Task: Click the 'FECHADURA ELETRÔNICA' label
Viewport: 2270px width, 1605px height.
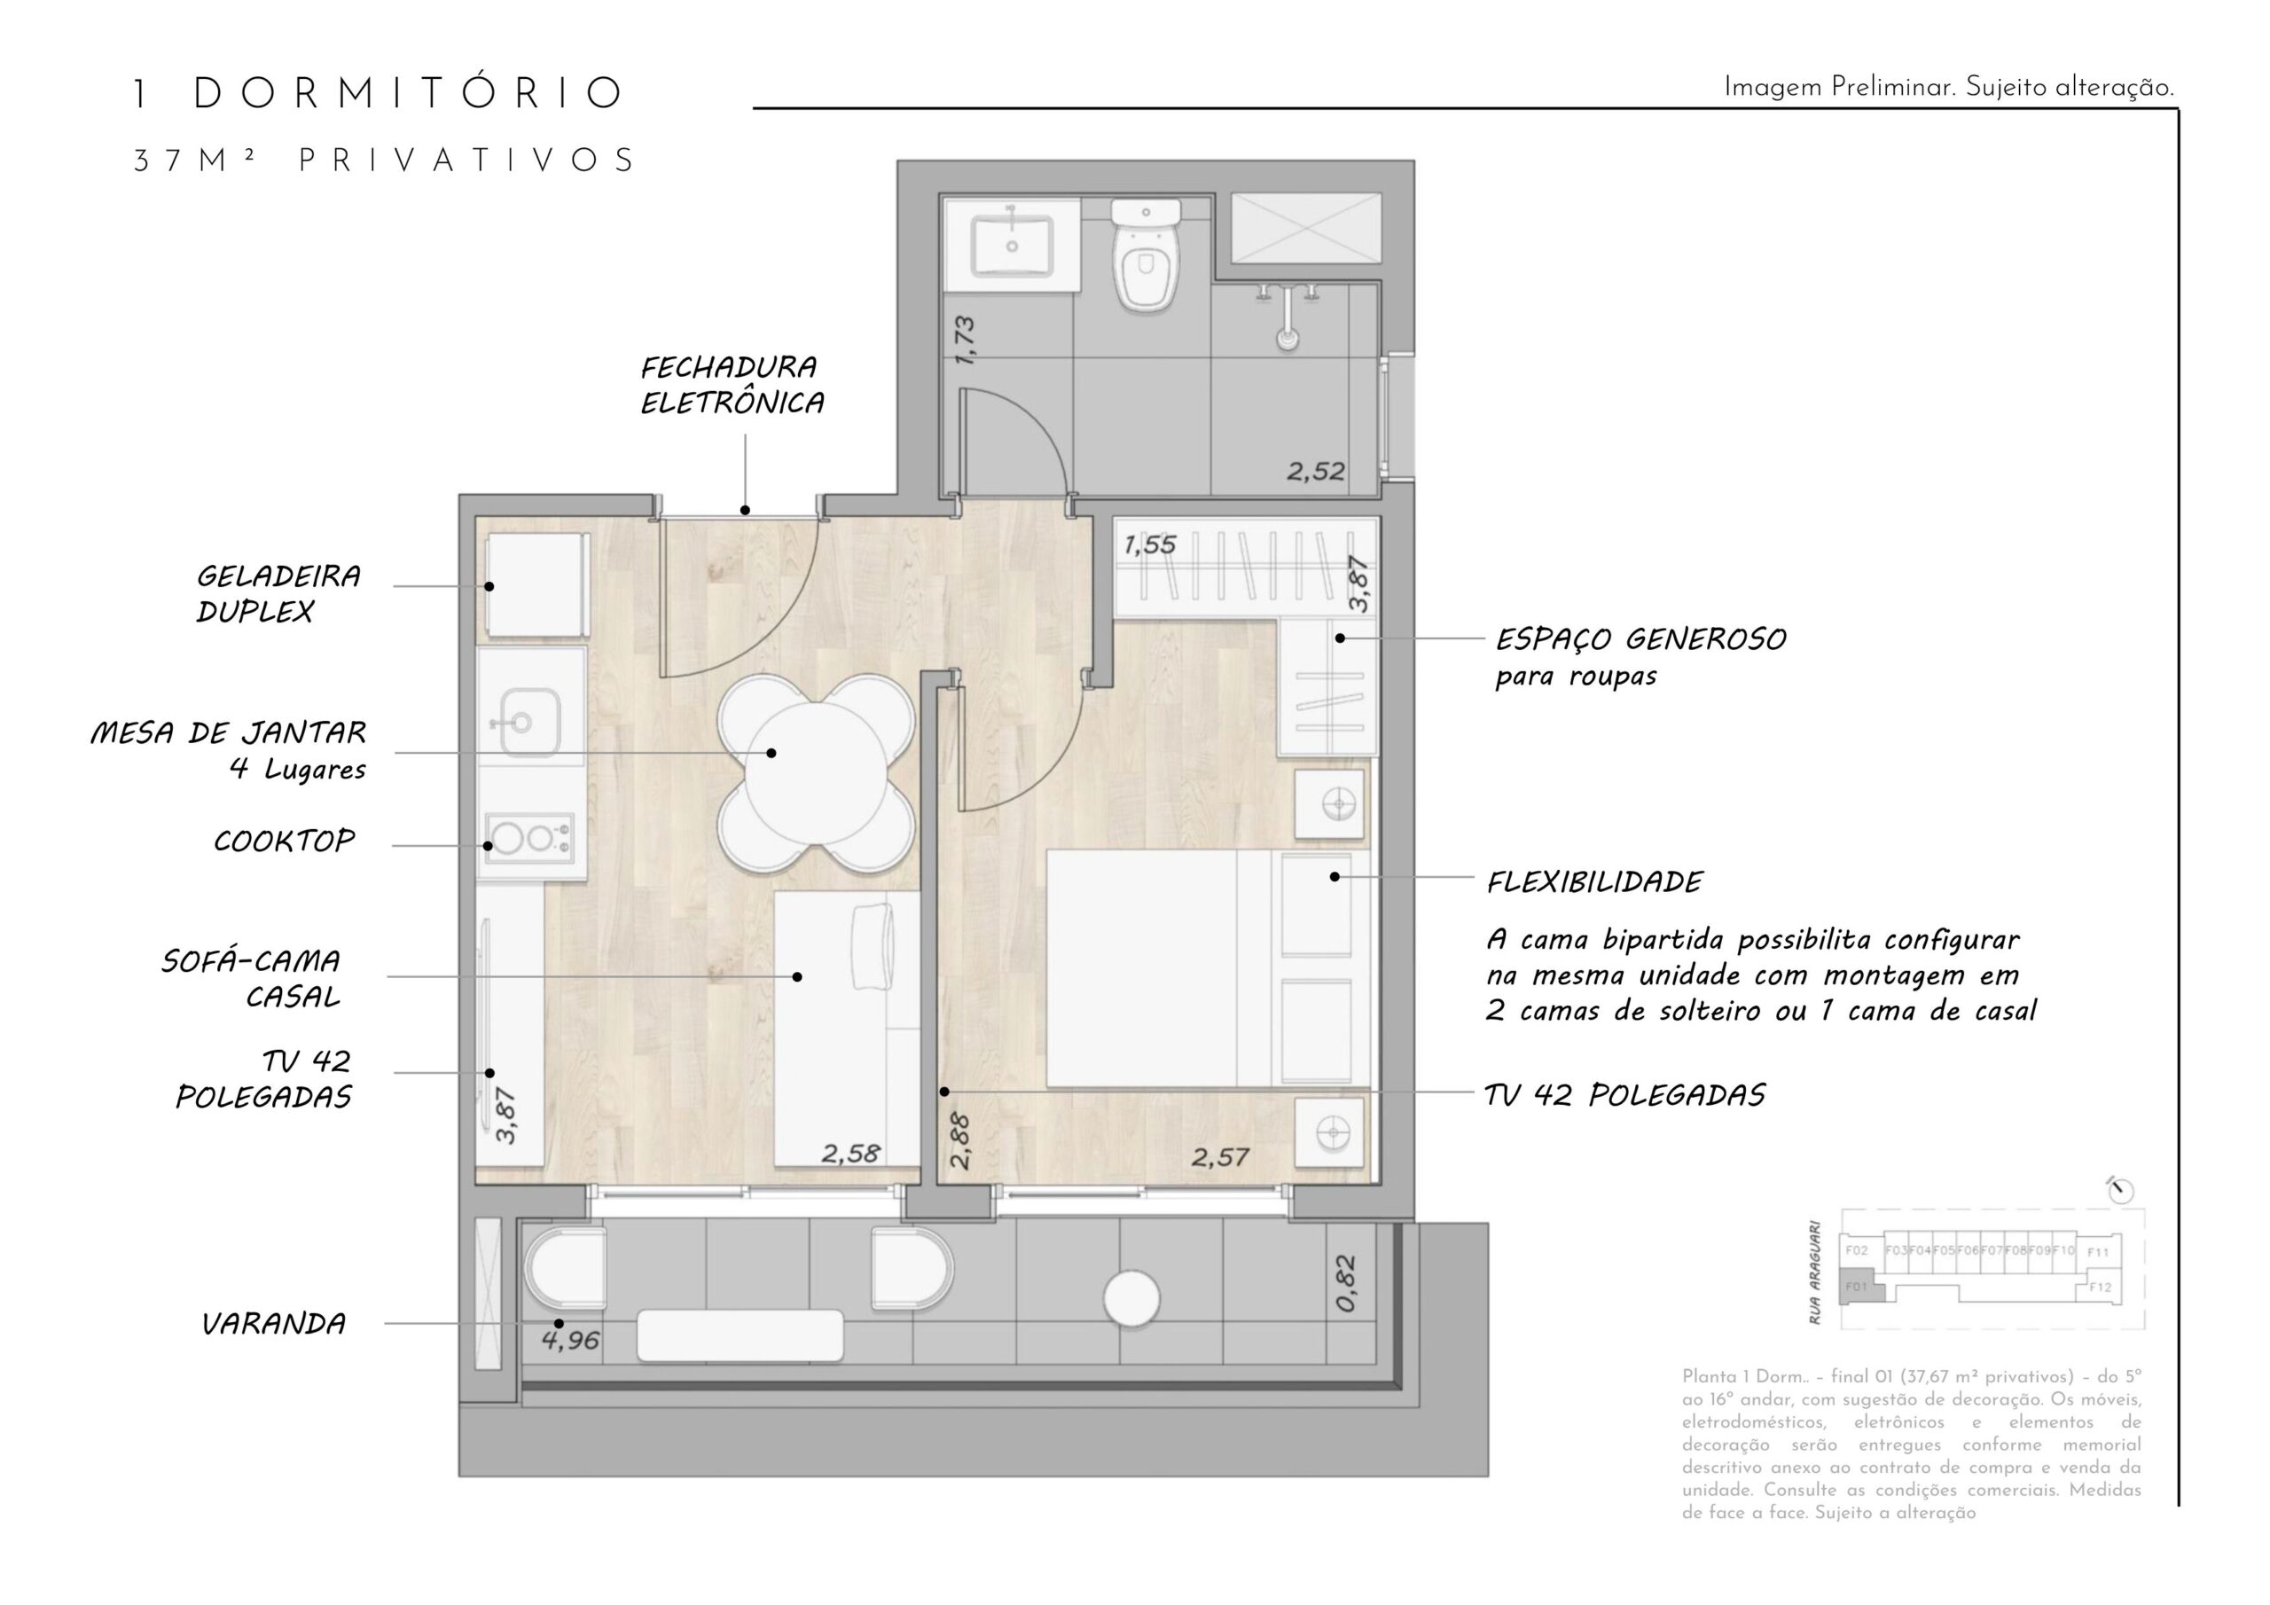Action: pyautogui.click(x=731, y=385)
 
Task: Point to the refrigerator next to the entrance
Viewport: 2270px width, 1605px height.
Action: pyautogui.click(x=532, y=584)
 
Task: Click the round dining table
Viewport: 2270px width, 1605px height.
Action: pyautogui.click(x=815, y=772)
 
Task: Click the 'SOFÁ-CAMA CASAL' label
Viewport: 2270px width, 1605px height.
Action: pyautogui.click(x=252, y=978)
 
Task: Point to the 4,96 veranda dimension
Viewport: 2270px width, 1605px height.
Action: pyautogui.click(x=570, y=1341)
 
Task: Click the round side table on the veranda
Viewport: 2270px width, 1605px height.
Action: pyautogui.click(x=1131, y=1298)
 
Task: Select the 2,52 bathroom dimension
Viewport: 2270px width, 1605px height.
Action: pyautogui.click(x=1315, y=472)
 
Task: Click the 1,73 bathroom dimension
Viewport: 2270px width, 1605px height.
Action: pyautogui.click(x=966, y=341)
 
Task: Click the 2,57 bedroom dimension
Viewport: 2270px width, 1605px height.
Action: pyautogui.click(x=1220, y=1157)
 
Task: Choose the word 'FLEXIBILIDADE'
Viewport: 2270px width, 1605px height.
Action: pyautogui.click(x=1593, y=882)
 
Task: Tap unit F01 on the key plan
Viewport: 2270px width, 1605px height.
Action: pyautogui.click(x=1857, y=1288)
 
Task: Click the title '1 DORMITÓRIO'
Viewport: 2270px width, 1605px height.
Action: pyautogui.click(x=379, y=94)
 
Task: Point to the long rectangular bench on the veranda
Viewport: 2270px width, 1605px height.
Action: pyautogui.click(x=740, y=1335)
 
